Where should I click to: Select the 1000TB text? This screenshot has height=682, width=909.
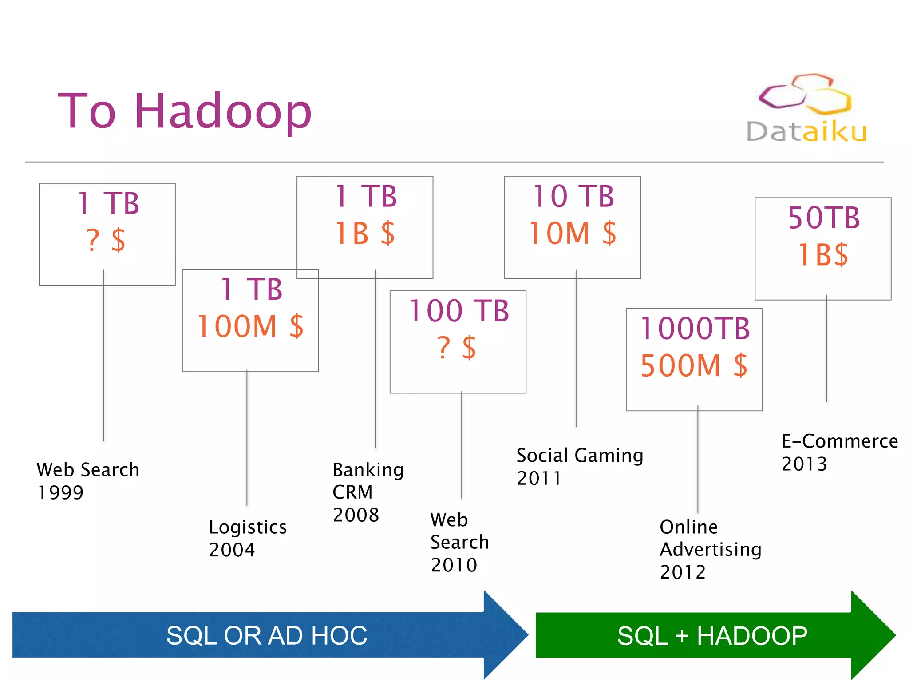pyautogui.click(x=695, y=329)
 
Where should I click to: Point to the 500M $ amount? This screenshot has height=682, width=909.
pyautogui.click(x=694, y=365)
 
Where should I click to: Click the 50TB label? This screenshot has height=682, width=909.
pyautogui.click(x=823, y=218)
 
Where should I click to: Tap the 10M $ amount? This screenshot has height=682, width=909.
pyautogui.click(x=573, y=234)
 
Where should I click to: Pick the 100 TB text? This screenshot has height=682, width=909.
pyautogui.click(x=458, y=311)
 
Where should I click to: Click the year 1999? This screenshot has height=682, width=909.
pyautogui.click(x=60, y=493)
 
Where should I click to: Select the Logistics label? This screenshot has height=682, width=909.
pyautogui.click(x=248, y=527)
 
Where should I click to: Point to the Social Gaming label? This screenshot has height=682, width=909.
pyautogui.click(x=579, y=456)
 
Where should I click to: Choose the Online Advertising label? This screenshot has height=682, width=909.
pyautogui.click(x=710, y=538)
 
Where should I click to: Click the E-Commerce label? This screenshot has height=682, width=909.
pyautogui.click(x=839, y=441)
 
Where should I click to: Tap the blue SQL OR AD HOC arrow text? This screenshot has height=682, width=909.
pyautogui.click(x=266, y=635)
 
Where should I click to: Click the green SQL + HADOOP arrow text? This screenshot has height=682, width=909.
pyautogui.click(x=712, y=636)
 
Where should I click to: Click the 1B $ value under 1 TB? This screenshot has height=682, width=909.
pyautogui.click(x=365, y=234)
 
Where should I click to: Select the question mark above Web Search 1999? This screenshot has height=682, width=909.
pyautogui.click(x=93, y=241)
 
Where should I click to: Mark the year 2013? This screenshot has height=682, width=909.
pyautogui.click(x=804, y=464)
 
